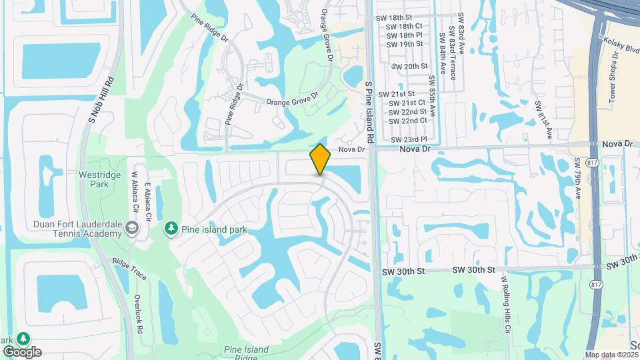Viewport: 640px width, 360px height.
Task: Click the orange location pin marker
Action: pyautogui.click(x=320, y=159)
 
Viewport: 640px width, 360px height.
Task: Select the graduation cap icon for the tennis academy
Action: pyautogui.click(x=132, y=229)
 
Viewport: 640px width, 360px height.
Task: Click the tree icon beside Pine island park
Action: pyautogui.click(x=171, y=229)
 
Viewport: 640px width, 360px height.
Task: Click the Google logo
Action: pyautogui.click(x=22, y=351)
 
